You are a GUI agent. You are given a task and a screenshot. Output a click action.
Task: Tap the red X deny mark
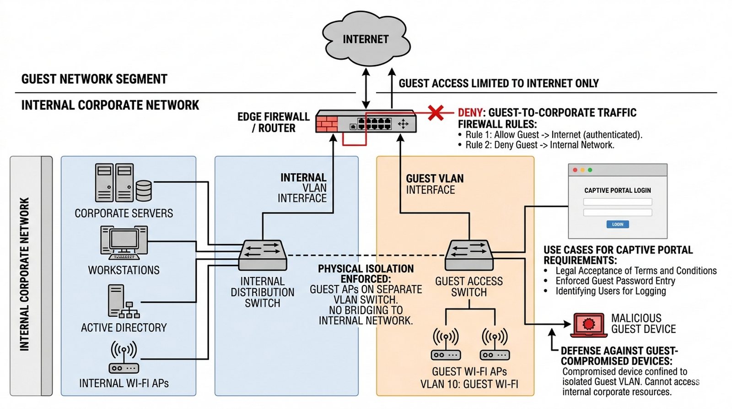pos(436,112)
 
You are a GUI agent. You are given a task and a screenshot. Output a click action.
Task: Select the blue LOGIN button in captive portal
pos(617,224)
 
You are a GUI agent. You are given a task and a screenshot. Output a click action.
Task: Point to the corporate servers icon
pos(123,183)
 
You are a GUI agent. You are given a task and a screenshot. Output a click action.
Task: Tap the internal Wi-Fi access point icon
pos(124,357)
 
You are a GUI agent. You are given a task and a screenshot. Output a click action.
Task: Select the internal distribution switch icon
pos(263,255)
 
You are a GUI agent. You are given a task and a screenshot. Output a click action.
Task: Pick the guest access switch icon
pos(469,255)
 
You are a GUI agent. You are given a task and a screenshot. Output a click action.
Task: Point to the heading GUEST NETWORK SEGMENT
pos(94,79)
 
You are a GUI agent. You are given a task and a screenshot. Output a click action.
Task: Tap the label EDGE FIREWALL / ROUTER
pos(274,122)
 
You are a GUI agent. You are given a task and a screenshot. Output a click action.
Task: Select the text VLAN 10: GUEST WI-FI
pos(469,384)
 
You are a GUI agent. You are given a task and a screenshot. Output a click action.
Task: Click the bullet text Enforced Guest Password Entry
pos(615,281)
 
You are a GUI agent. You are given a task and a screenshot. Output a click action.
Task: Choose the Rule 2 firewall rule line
pos(540,145)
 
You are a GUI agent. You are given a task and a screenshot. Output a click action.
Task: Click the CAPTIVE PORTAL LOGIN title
pos(617,190)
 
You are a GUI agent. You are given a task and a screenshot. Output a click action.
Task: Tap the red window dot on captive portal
pos(575,170)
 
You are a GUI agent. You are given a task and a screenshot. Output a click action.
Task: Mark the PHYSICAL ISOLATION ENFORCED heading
pos(366,273)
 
